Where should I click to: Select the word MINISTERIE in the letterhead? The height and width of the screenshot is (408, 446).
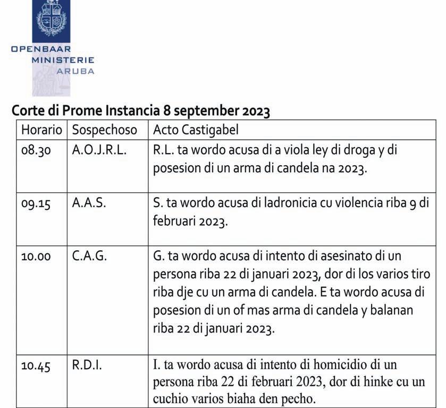63,61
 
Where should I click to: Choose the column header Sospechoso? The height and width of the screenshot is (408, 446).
104,130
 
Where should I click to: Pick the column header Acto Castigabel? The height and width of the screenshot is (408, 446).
196,130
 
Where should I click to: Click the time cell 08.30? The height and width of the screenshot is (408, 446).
36,151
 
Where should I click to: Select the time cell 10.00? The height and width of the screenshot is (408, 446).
36,257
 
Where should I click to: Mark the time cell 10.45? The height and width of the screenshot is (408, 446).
36,366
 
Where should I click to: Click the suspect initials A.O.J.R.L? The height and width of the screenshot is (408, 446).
99,150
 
